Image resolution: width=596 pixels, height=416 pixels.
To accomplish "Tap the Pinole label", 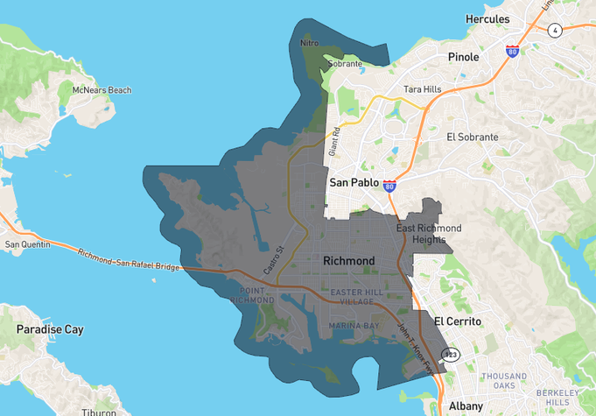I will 463,57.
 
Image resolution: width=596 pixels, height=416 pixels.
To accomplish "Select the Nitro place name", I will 309,42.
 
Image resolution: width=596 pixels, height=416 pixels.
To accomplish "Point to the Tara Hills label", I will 424,89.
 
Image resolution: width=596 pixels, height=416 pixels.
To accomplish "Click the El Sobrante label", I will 472,137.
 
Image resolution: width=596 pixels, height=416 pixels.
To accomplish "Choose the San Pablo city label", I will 354,183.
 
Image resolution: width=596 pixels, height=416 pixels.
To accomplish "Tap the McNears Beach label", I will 102,90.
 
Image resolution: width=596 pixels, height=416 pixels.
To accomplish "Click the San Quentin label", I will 26,244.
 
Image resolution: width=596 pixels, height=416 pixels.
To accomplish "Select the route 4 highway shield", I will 555,31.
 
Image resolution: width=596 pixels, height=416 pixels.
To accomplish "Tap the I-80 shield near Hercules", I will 512,52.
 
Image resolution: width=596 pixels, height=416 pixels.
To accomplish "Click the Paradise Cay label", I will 50,329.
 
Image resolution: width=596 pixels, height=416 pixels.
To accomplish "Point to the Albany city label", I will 465,405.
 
